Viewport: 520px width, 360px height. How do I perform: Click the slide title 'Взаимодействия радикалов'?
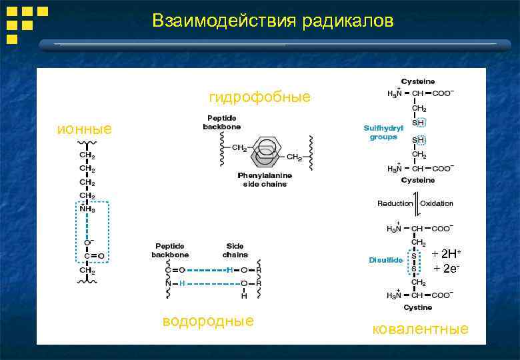tap(273, 21)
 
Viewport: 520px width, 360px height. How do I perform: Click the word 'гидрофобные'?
tap(259, 97)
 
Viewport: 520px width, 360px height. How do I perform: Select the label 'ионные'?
tap(85, 129)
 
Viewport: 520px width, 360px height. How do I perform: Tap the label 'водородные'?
tap(208, 321)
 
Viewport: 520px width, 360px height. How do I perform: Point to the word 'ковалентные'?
tap(420, 329)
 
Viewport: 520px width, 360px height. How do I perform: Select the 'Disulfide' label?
tap(385, 260)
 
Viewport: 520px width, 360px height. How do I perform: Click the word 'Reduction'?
tap(395, 203)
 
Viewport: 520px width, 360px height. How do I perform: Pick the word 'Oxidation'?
tap(437, 203)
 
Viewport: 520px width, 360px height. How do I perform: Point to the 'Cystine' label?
tap(417, 307)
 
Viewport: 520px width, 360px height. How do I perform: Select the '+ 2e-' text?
tap(446, 268)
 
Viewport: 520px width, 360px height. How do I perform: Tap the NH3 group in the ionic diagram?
tap(87, 209)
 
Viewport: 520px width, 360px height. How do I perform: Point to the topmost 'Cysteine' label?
tap(417, 81)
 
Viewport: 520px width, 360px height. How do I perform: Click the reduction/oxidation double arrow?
tap(417, 203)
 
